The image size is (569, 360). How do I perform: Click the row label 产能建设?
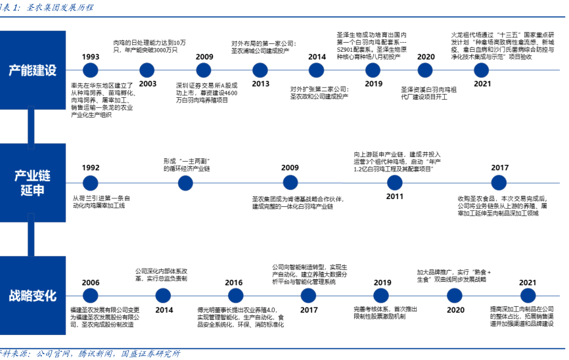pos(32,70)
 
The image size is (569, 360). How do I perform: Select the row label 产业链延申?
pos(32,182)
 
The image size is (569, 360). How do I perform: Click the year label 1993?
pos(91,56)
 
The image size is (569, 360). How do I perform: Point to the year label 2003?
pos(148,83)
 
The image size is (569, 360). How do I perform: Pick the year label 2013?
pos(260,83)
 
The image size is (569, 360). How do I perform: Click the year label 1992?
pos(91,168)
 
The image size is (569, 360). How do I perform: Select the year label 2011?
pos(394,196)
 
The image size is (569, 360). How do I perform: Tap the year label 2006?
pos(91,282)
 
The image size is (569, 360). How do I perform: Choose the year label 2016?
pos(233,282)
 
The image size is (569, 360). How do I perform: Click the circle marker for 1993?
pos(91,70)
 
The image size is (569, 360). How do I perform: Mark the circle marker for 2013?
pos(260,70)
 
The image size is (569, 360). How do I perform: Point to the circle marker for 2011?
pos(394,182)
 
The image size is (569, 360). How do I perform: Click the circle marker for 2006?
pos(91,296)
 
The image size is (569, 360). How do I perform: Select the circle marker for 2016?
pos(233,296)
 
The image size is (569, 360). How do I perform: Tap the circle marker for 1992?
pos(91,182)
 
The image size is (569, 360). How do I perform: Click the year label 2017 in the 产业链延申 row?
pos(500,168)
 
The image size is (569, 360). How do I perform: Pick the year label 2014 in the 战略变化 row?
pos(164,309)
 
